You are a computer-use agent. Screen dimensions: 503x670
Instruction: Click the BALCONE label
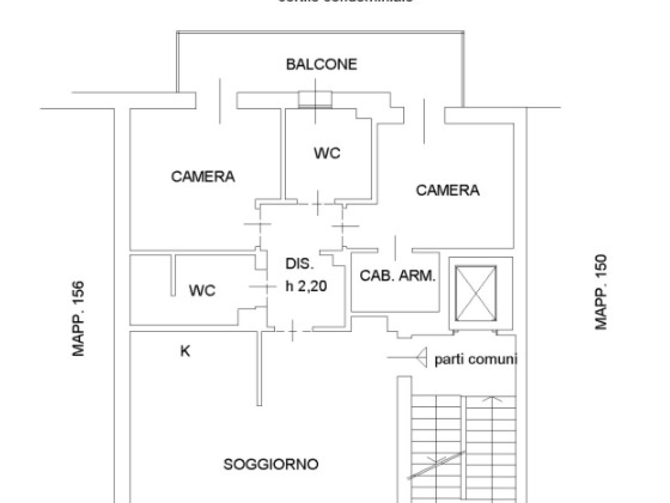point(321,64)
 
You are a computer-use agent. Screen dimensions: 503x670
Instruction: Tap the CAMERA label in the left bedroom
point(203,177)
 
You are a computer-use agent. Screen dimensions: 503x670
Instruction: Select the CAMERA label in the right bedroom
point(448,190)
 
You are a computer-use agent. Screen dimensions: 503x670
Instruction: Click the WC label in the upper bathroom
point(327,153)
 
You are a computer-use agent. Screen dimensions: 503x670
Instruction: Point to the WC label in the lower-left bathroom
point(202,291)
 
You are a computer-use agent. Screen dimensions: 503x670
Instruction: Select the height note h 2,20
point(305,287)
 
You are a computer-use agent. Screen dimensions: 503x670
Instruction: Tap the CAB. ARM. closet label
point(397,276)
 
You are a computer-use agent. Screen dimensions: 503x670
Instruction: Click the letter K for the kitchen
point(185,352)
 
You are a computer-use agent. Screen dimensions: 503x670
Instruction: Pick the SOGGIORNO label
point(271,464)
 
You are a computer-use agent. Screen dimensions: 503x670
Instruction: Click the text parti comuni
point(476,359)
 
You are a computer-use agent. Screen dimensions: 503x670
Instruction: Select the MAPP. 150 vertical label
point(601,292)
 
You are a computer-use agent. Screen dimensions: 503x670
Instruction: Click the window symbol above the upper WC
point(315,99)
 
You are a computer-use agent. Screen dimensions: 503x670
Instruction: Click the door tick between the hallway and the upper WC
point(317,203)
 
